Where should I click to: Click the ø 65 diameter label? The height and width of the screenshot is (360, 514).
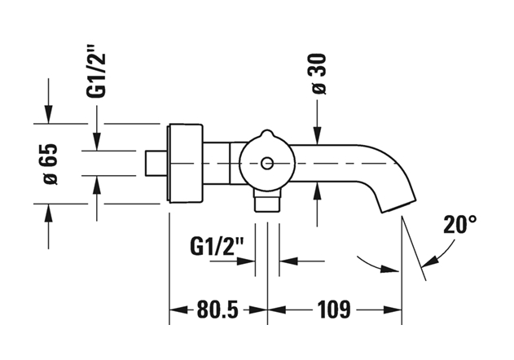click(x=50, y=164)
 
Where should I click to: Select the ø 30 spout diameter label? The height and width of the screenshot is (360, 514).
click(x=319, y=74)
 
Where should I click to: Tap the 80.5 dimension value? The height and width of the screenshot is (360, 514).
click(x=218, y=310)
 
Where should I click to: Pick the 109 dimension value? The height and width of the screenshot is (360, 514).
click(x=334, y=310)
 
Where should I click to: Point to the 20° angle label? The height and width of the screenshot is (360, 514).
click(x=460, y=225)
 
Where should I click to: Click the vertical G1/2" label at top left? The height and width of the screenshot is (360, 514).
click(x=97, y=71)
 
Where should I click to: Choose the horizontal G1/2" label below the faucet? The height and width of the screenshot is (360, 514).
click(x=217, y=246)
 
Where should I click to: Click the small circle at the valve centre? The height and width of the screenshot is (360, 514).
click(x=267, y=163)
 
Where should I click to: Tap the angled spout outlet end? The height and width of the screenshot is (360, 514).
click(x=398, y=206)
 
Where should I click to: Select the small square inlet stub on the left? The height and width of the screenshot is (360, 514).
click(x=156, y=163)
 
